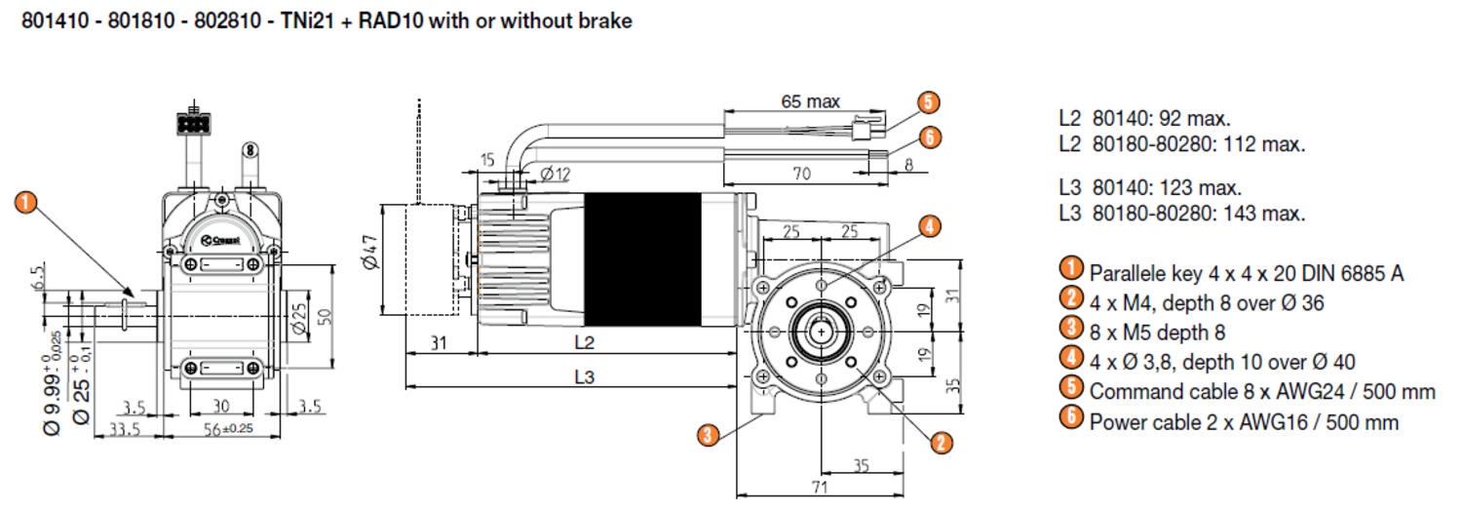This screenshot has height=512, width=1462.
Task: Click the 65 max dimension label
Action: (x=810, y=100)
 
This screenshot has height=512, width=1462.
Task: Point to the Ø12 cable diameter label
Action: (x=554, y=174)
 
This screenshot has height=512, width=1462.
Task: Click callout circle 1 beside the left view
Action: (x=26, y=203)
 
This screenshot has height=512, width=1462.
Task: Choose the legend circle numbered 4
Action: (x=1071, y=358)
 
